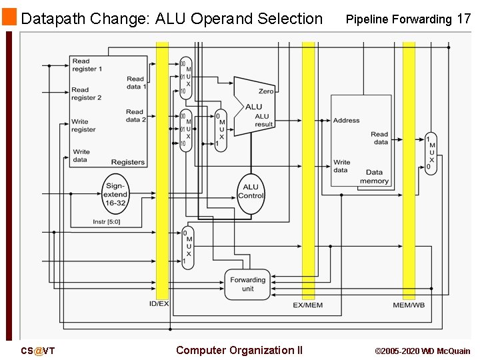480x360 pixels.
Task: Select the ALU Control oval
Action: pos(251,192)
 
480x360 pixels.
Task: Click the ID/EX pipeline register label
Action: pos(159,305)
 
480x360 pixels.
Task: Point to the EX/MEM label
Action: pos(308,305)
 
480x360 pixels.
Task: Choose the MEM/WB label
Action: pos(409,305)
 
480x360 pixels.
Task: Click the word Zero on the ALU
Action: pos(266,91)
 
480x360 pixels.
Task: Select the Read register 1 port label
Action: pos(87,65)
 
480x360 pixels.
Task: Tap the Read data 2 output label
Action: pos(135,116)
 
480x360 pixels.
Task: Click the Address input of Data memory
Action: pos(346,121)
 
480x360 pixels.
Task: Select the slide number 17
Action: pos(464,19)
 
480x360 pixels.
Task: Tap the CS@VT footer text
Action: pos(37,351)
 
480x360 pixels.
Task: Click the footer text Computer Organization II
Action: pos(239,350)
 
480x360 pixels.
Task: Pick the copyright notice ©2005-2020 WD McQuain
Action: pos(422,351)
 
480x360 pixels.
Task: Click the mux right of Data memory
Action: pos(431,154)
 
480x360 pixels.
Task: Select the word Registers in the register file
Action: pos(128,162)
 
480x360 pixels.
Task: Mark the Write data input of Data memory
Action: pos(341,166)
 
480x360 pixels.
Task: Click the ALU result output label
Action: pos(263,121)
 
